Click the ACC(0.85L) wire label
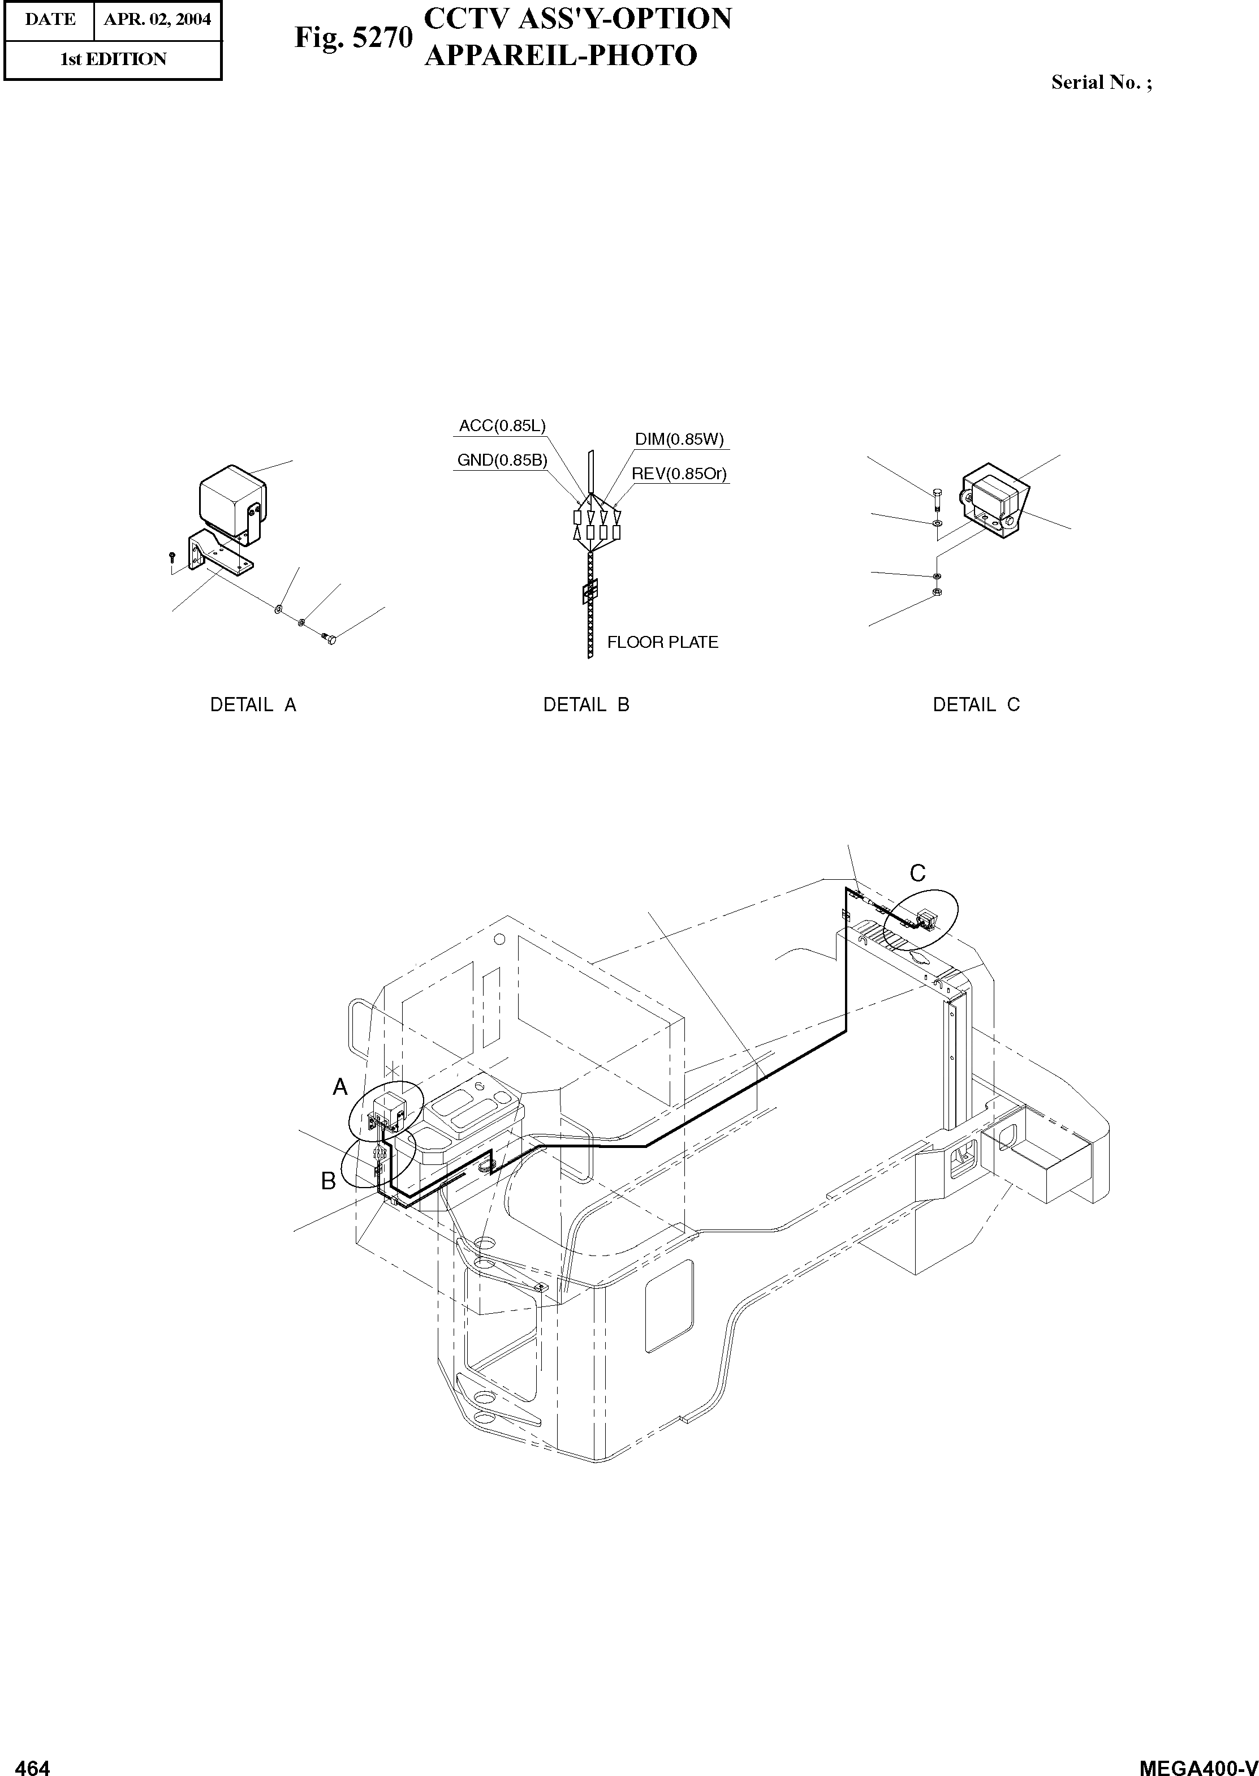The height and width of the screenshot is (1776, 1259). click(502, 426)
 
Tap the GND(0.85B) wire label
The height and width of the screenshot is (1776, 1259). click(502, 460)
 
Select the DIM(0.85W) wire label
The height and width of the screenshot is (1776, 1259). click(679, 439)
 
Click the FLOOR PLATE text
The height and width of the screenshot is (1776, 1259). click(662, 642)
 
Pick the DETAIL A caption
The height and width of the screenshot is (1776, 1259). click(253, 705)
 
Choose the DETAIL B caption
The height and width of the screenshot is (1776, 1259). click(586, 705)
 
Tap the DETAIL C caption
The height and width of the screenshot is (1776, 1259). click(976, 705)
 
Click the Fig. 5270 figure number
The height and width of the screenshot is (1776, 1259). click(353, 37)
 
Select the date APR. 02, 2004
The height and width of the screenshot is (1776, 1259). click(157, 19)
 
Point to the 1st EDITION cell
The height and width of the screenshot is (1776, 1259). click(113, 59)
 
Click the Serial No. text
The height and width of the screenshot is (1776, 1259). click(1101, 83)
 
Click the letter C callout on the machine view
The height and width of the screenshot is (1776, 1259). click(917, 873)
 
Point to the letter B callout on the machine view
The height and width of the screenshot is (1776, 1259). click(329, 1180)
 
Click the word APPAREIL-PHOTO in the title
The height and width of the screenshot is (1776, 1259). click(560, 56)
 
